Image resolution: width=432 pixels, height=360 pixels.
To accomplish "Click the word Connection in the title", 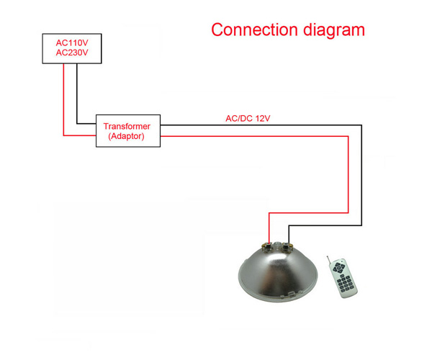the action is click(254, 30).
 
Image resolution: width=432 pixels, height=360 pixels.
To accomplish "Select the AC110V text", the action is click(72, 43).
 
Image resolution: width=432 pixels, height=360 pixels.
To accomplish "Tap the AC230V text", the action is click(72, 53).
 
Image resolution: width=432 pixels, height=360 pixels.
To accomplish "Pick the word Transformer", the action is click(127, 126).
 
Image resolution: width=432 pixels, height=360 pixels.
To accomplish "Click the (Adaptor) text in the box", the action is click(127, 136).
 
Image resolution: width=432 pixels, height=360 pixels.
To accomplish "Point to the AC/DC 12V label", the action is click(248, 118).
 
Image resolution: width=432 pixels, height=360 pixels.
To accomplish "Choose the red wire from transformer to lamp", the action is click(348, 171).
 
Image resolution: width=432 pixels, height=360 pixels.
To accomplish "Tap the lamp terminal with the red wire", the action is click(268, 246).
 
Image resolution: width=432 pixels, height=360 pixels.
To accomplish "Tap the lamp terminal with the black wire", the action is click(287, 246).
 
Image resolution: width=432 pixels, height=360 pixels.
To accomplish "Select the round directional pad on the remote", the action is click(338, 267).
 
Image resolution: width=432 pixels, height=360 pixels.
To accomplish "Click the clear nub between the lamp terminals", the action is click(277, 245).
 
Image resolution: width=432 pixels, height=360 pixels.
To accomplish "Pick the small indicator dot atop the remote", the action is click(342, 261).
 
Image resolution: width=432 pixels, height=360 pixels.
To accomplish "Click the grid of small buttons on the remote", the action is click(345, 284).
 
